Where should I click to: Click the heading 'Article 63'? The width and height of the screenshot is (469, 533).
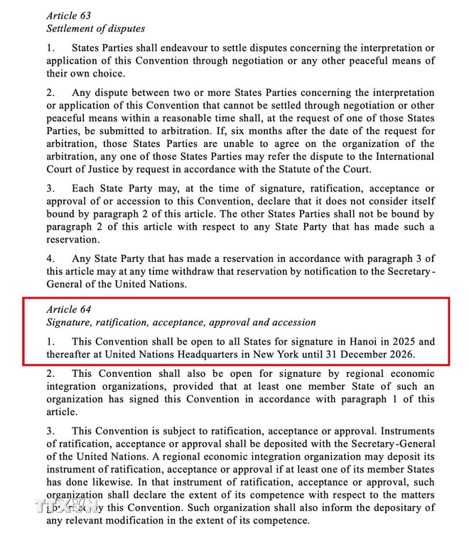[68, 15]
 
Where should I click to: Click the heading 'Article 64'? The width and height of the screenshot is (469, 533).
[68, 309]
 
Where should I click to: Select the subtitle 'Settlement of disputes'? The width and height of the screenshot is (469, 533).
[95, 29]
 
